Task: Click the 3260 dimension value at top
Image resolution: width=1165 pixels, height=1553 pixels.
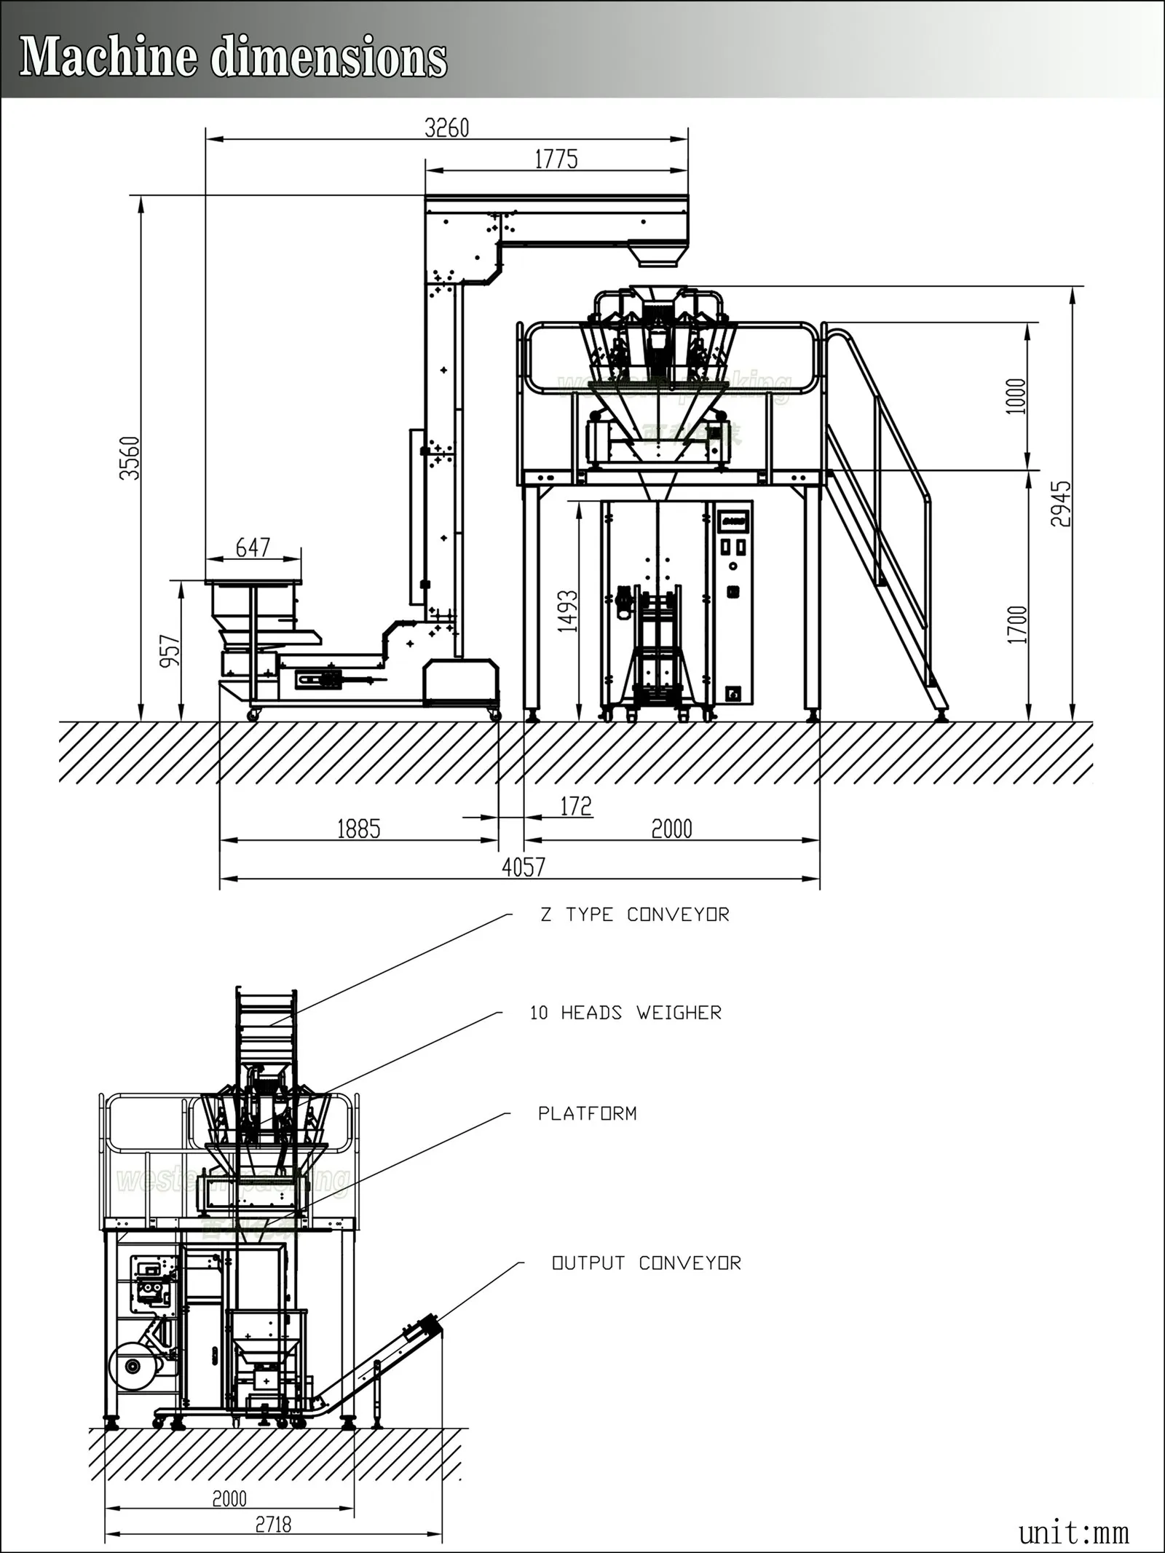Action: [x=447, y=128]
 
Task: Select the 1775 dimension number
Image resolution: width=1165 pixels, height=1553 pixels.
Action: [x=556, y=159]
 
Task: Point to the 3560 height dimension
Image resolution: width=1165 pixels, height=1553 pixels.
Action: [x=130, y=458]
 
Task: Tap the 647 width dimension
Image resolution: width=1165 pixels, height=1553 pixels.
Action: [x=253, y=548]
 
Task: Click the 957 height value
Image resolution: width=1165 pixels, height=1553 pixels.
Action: [x=170, y=651]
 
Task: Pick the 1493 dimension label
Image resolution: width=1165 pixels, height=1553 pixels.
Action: [x=567, y=610]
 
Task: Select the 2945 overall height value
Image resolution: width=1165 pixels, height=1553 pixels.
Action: [x=1061, y=504]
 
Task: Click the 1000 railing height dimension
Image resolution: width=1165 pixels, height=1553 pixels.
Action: [x=1016, y=396]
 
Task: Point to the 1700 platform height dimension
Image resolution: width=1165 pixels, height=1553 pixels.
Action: [x=1017, y=625]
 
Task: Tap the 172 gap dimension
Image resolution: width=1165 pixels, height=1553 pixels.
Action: [x=576, y=806]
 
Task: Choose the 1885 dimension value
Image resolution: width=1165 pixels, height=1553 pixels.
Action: [x=358, y=829]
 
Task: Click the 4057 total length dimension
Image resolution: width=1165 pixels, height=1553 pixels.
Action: [x=523, y=866]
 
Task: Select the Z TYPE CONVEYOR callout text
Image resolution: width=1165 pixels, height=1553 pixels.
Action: [x=634, y=914]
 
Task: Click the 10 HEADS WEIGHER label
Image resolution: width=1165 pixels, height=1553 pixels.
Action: [x=625, y=1013]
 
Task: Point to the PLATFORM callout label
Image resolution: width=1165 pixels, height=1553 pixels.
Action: [x=587, y=1113]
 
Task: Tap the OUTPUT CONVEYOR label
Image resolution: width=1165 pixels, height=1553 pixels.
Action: [x=646, y=1263]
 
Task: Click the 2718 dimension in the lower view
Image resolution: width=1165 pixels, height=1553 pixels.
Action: [x=273, y=1524]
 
